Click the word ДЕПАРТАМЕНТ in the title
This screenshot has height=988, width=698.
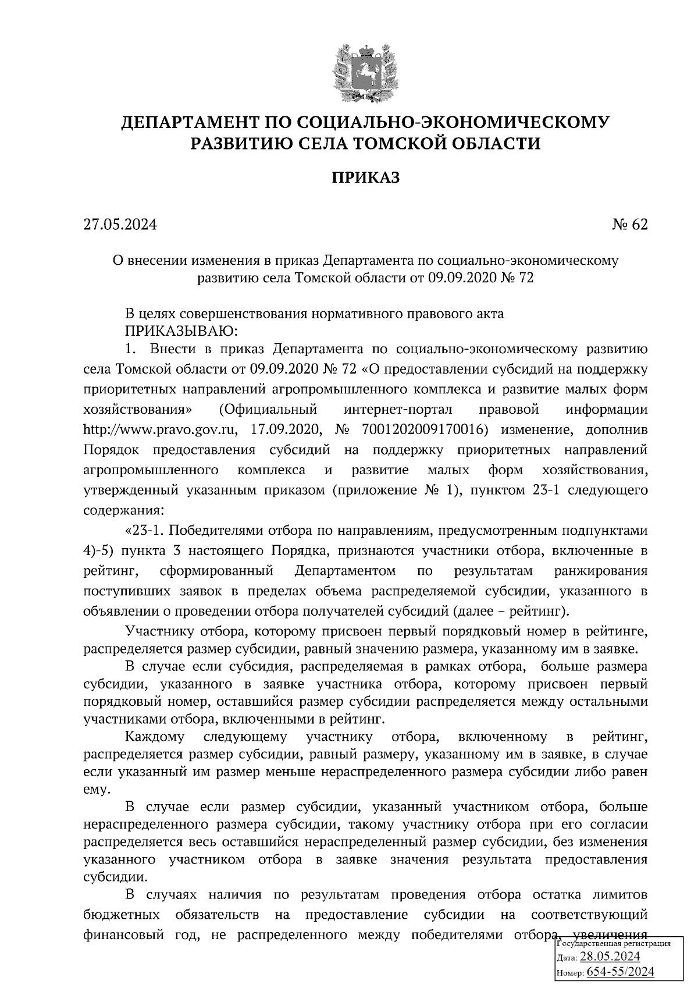(188, 123)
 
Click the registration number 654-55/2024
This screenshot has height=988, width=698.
(621, 972)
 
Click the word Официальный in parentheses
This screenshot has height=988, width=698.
(268, 410)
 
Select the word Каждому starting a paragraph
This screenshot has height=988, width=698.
(155, 738)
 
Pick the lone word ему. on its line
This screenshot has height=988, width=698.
(96, 790)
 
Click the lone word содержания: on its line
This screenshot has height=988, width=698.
(123, 510)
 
